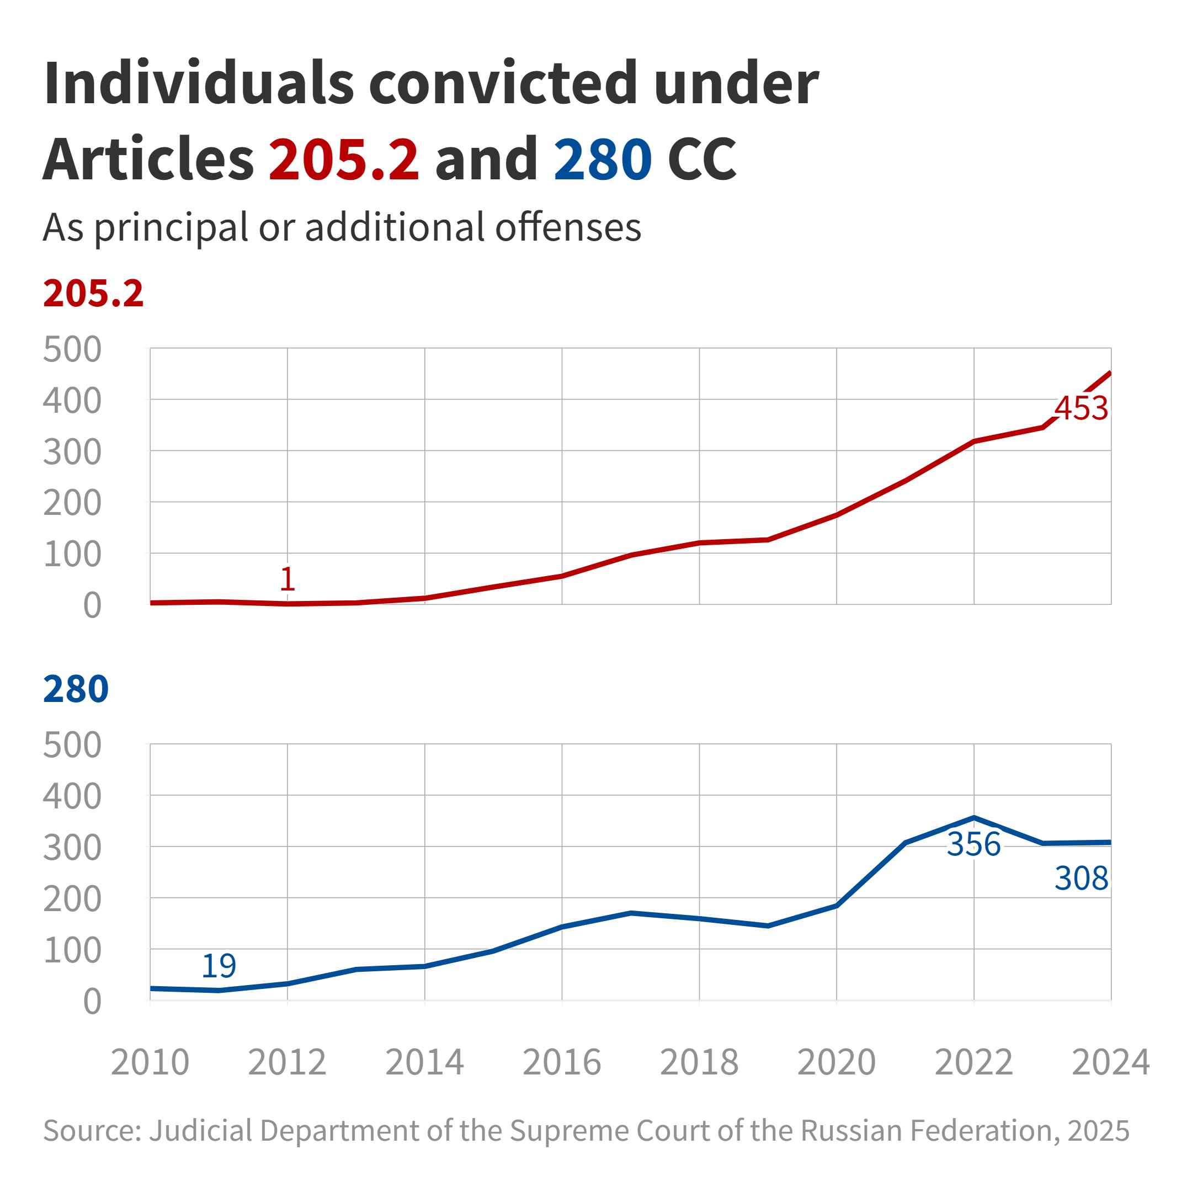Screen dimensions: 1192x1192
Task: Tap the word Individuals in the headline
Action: click(x=199, y=83)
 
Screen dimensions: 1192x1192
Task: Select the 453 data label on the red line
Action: click(x=1081, y=408)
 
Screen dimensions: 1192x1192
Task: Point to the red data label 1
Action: click(x=288, y=579)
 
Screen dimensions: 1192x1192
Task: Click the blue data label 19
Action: click(x=219, y=966)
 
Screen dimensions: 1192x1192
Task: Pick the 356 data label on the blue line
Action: click(x=973, y=844)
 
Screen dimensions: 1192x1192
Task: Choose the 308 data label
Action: click(x=1081, y=879)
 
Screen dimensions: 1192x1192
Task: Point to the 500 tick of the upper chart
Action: click(x=72, y=350)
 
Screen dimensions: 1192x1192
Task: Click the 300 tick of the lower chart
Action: click(x=72, y=848)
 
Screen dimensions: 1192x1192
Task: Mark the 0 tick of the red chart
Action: click(x=93, y=606)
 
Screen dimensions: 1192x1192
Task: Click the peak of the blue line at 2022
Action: click(x=973, y=817)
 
